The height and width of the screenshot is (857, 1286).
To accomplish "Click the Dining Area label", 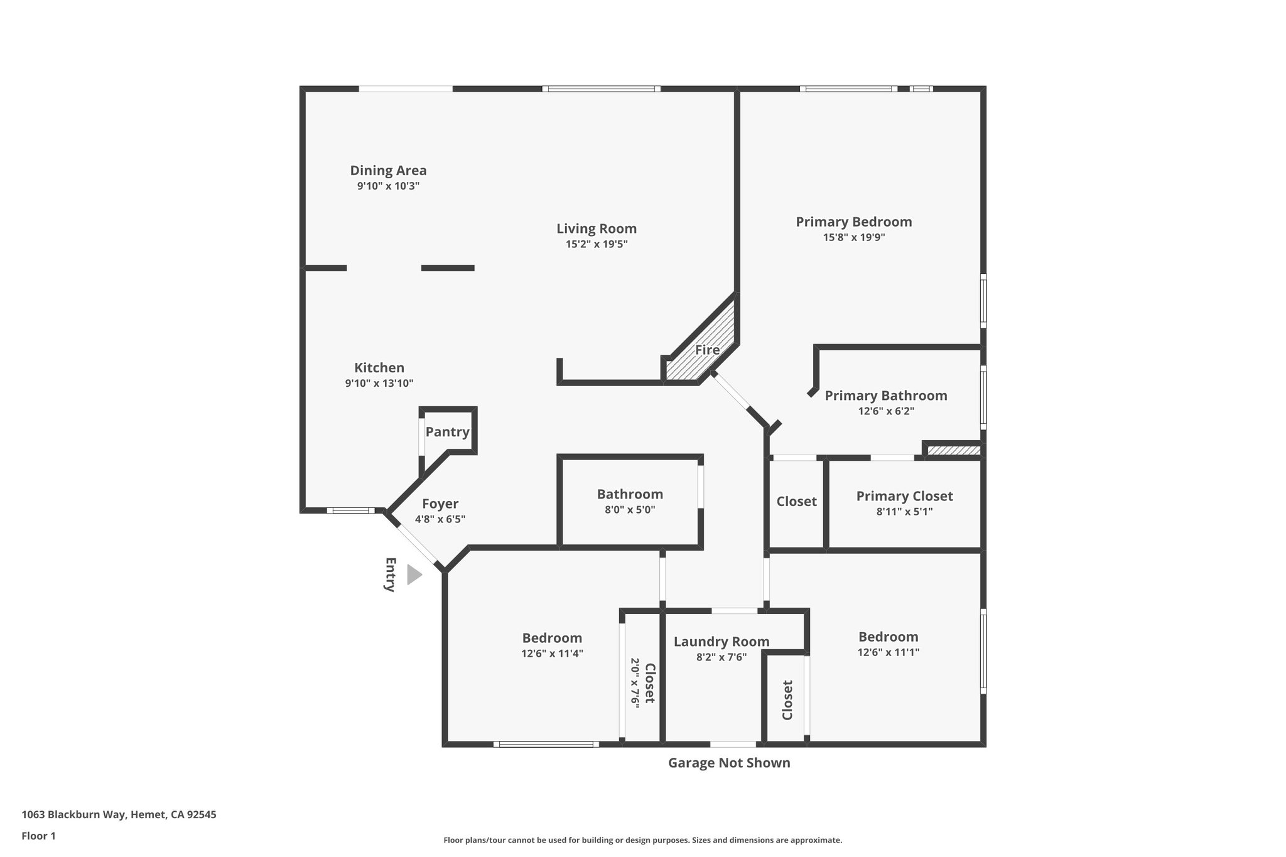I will tap(388, 170).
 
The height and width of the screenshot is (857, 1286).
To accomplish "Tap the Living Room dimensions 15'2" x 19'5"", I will tap(597, 244).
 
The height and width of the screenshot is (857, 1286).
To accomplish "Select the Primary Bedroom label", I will tap(853, 222).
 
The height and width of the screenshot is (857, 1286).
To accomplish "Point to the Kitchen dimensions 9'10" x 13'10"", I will tap(379, 384).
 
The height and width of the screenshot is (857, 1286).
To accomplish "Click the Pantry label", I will tap(447, 432).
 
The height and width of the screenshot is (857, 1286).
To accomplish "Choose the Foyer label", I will tap(440, 504).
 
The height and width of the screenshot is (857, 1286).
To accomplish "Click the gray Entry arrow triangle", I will tap(414, 574).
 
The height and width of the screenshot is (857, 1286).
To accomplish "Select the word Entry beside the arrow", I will tap(390, 574).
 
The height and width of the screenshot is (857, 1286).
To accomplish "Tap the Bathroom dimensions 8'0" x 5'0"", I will tap(630, 510).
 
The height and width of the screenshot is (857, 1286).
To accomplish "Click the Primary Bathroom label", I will tap(885, 396).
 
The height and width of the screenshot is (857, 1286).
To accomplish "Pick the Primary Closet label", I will tap(904, 496).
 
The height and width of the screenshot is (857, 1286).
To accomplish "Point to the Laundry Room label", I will tap(721, 642).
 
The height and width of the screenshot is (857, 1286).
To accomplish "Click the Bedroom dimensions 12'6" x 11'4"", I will tap(552, 654).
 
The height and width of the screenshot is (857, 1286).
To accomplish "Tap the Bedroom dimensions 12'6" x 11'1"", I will tap(888, 652).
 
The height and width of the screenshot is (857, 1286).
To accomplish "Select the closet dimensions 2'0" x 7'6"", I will tap(635, 683).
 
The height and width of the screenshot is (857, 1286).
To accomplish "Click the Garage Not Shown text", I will tap(728, 763).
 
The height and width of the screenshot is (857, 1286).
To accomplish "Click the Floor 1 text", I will tap(38, 836).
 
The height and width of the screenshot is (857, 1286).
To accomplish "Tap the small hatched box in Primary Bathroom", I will tap(953, 450).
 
